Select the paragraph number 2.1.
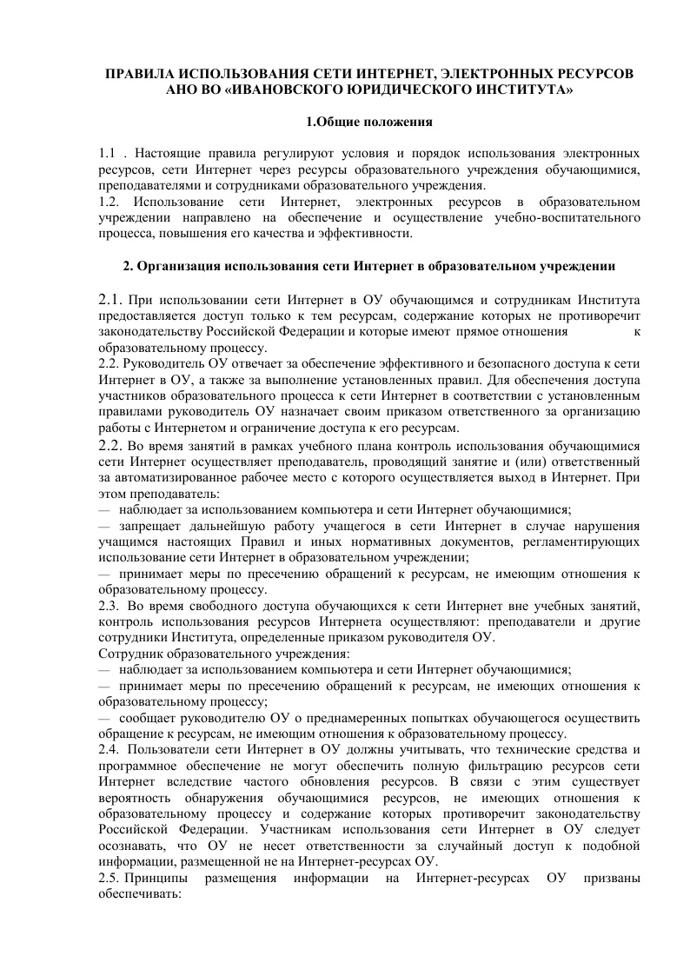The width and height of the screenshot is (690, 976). click(x=112, y=300)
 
